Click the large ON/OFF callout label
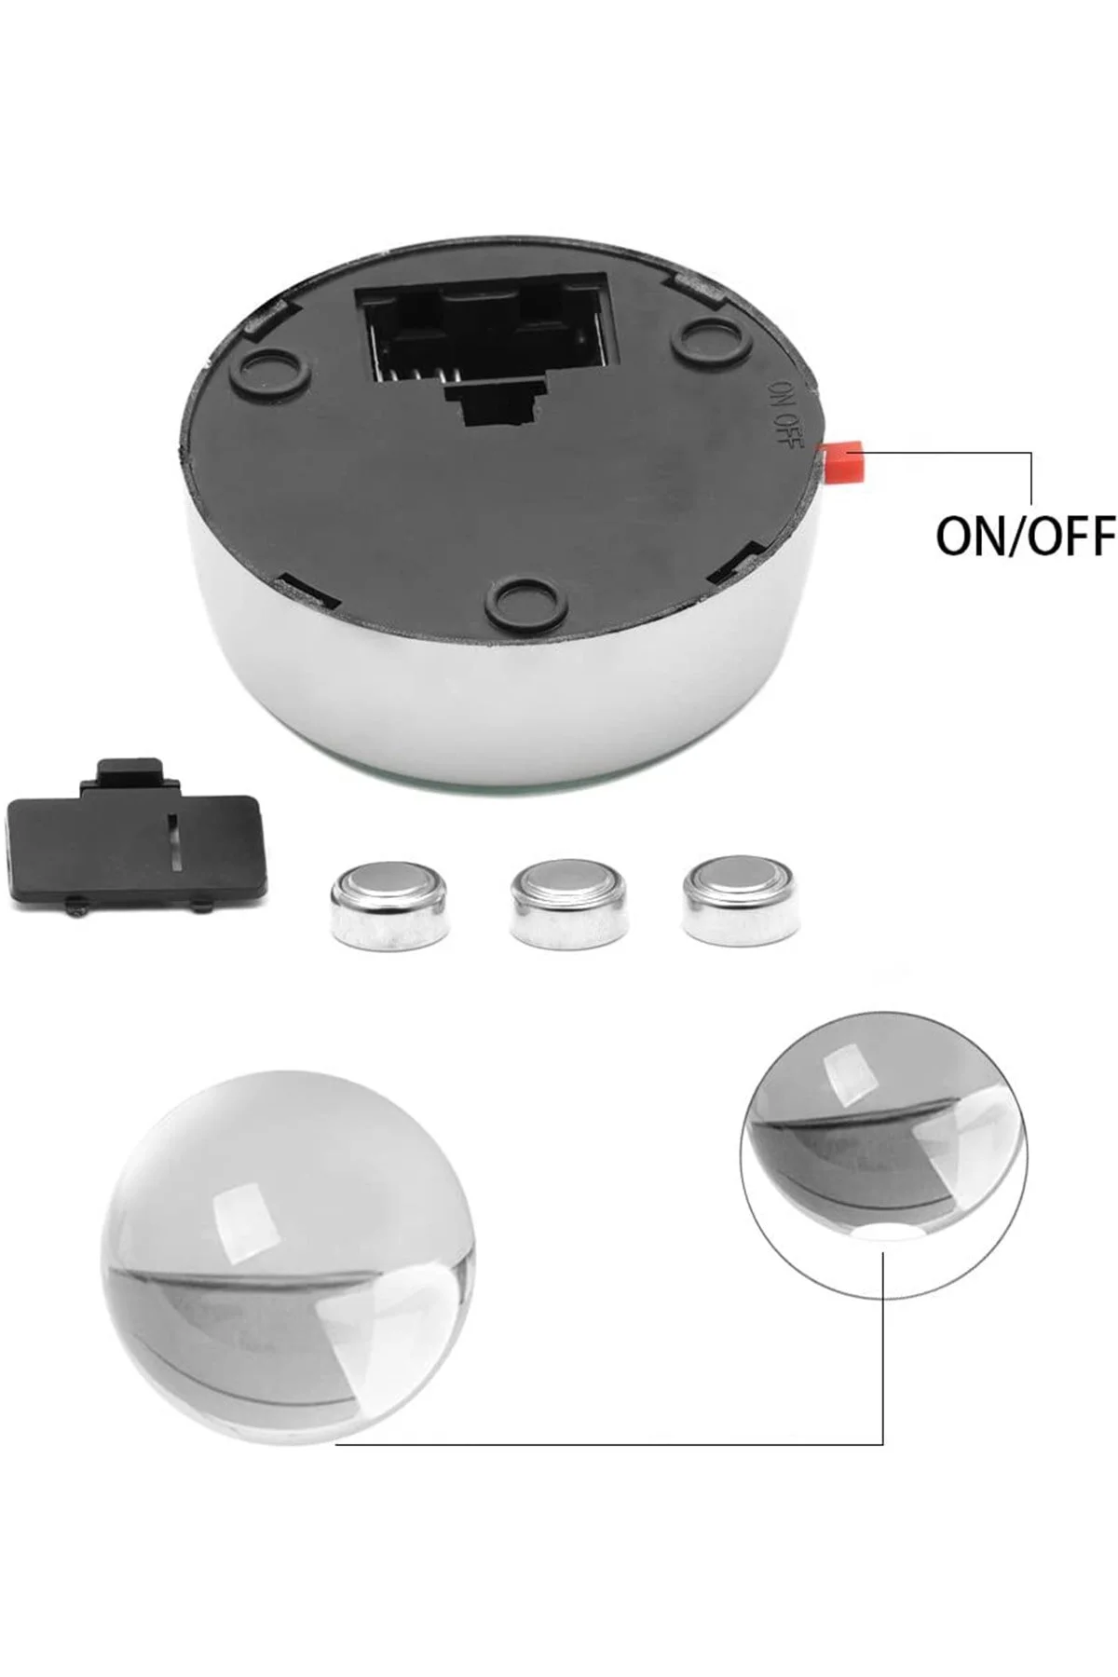click(x=1025, y=536)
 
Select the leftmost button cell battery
click(x=389, y=904)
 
